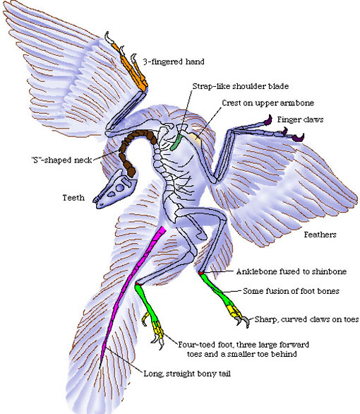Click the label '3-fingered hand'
click(174, 61)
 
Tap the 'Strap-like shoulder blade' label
click(241, 86)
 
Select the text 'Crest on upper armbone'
click(268, 103)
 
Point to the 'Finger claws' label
click(300, 119)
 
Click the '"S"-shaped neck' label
click(61, 160)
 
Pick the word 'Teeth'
click(73, 198)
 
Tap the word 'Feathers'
click(320, 235)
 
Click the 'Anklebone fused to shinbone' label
click(292, 271)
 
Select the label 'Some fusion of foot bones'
click(291, 291)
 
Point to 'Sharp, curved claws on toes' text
click(307, 319)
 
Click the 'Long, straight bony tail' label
click(187, 374)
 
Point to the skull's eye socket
click(120, 188)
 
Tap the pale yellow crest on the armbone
click(196, 138)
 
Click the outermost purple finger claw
click(298, 138)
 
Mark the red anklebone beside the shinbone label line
click(201, 273)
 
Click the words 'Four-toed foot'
click(196, 345)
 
